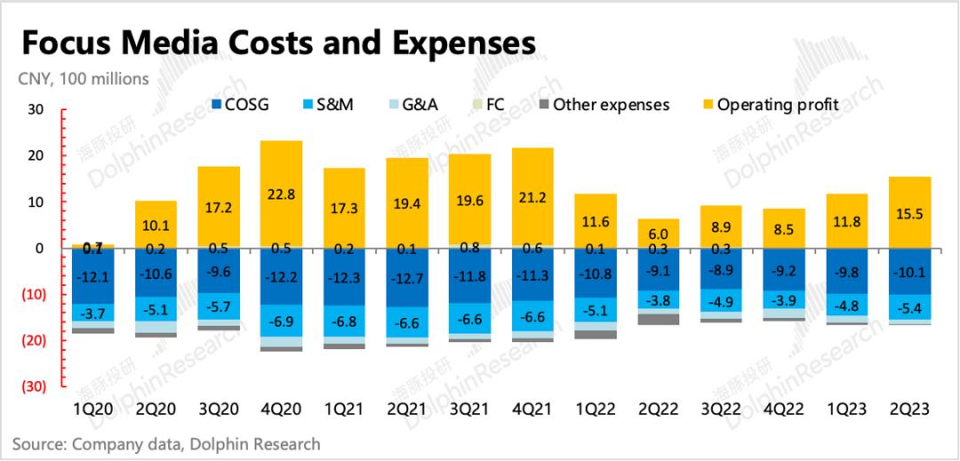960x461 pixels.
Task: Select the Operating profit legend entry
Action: pos(777,105)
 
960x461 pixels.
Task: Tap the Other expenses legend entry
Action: pos(610,105)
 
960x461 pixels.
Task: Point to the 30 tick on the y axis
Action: pos(35,110)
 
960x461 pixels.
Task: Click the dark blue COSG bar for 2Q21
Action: pos(407,277)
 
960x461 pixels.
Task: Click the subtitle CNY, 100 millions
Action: pos(84,79)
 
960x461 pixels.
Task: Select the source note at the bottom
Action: pos(166,443)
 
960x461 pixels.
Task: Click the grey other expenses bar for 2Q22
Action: pos(659,319)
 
